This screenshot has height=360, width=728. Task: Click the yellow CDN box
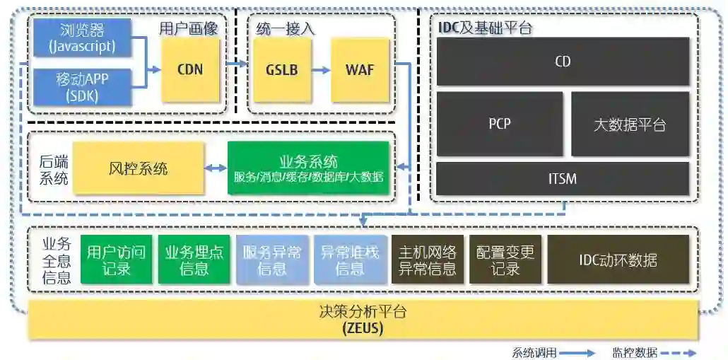pyautogui.click(x=190, y=69)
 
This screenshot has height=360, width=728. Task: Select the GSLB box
pyautogui.click(x=282, y=70)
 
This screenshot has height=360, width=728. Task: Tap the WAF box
pyautogui.click(x=360, y=70)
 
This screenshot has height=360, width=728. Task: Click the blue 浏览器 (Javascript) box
pyautogui.click(x=82, y=38)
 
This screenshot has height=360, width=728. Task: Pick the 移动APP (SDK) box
pyautogui.click(x=82, y=86)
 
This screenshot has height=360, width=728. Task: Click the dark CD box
pyautogui.click(x=563, y=62)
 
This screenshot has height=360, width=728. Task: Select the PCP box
pyautogui.click(x=500, y=124)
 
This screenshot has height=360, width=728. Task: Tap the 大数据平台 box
pyautogui.click(x=630, y=124)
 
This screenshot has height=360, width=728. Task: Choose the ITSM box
pyautogui.click(x=563, y=178)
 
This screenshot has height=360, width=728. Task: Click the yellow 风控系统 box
pyautogui.click(x=139, y=168)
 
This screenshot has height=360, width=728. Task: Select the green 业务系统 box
pyautogui.click(x=308, y=168)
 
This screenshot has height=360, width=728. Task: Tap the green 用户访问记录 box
pyautogui.click(x=116, y=260)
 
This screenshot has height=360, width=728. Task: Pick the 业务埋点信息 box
pyautogui.click(x=194, y=260)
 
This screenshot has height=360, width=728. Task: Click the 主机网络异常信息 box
pyautogui.click(x=428, y=260)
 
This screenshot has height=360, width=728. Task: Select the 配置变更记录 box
pyautogui.click(x=505, y=260)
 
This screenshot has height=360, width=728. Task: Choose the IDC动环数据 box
pyautogui.click(x=618, y=260)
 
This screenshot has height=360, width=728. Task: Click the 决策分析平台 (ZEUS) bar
pyautogui.click(x=363, y=320)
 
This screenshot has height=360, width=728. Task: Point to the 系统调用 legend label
pyautogui.click(x=534, y=352)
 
